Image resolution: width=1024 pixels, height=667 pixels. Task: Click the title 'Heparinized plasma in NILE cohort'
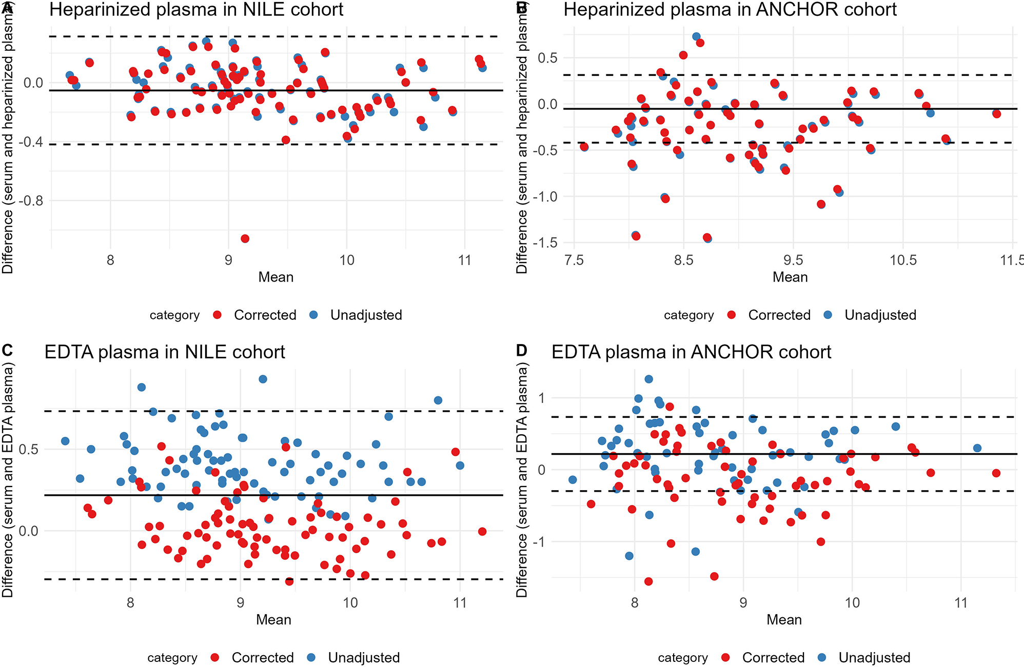coord(196,10)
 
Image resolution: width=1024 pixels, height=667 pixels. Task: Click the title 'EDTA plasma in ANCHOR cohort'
coord(691,352)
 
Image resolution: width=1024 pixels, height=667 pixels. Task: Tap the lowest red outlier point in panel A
coord(245,238)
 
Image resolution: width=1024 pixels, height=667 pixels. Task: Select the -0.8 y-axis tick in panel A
coord(31,200)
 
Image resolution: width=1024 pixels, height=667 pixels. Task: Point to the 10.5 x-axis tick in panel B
coord(903,260)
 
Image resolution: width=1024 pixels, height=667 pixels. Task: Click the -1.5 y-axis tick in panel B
coord(546,242)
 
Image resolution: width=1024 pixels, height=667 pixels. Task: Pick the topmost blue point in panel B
coord(696,36)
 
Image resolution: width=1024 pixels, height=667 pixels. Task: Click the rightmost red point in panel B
coord(996,114)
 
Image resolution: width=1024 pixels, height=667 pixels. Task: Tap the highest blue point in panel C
coord(263,379)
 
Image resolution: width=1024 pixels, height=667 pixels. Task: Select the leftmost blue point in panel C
coord(65,441)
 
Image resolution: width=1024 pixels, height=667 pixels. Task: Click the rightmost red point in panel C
coord(482,532)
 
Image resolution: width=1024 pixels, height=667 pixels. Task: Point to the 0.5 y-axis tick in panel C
coord(28,449)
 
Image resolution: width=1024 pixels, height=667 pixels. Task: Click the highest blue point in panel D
coord(648,379)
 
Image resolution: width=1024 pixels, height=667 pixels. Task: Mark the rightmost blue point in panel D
coord(977,448)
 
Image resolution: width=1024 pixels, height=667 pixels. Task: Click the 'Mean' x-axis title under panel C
coord(273,620)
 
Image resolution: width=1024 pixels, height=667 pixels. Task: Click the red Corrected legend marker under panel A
coord(217,315)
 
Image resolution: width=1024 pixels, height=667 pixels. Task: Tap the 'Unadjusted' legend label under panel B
coord(880,315)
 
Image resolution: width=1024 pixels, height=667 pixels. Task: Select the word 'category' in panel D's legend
coord(682,658)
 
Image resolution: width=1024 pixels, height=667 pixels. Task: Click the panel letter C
coord(7,350)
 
